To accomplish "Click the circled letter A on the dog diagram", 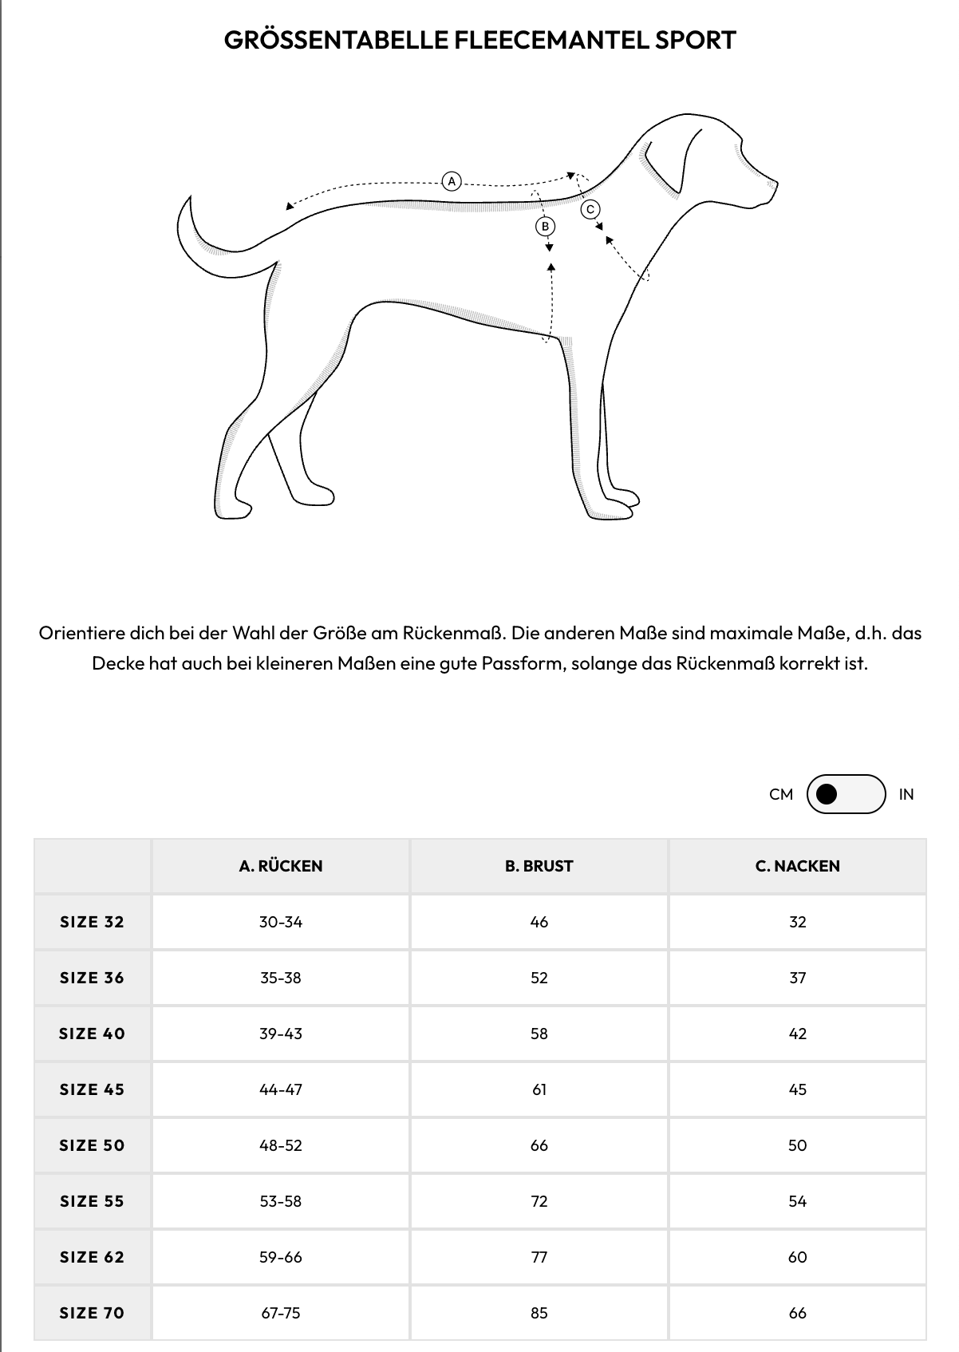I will (x=452, y=181).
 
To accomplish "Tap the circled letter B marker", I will (x=546, y=227).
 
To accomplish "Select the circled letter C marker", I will (x=590, y=209).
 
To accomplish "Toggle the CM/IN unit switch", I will (x=846, y=794).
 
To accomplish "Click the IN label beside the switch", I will (x=906, y=794).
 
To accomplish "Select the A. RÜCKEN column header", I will (x=281, y=866).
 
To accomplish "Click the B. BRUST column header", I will (x=539, y=866).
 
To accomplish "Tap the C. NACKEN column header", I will (x=798, y=866).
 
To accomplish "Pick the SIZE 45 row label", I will (x=93, y=1089).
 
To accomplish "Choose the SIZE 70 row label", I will (x=93, y=1313).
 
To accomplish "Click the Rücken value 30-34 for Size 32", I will (x=281, y=922).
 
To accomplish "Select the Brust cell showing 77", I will (x=539, y=1257).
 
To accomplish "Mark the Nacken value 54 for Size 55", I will (x=798, y=1201).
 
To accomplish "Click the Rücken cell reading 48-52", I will (x=281, y=1145).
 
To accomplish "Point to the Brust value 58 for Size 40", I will (x=539, y=1034).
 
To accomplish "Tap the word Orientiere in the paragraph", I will (x=82, y=633).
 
